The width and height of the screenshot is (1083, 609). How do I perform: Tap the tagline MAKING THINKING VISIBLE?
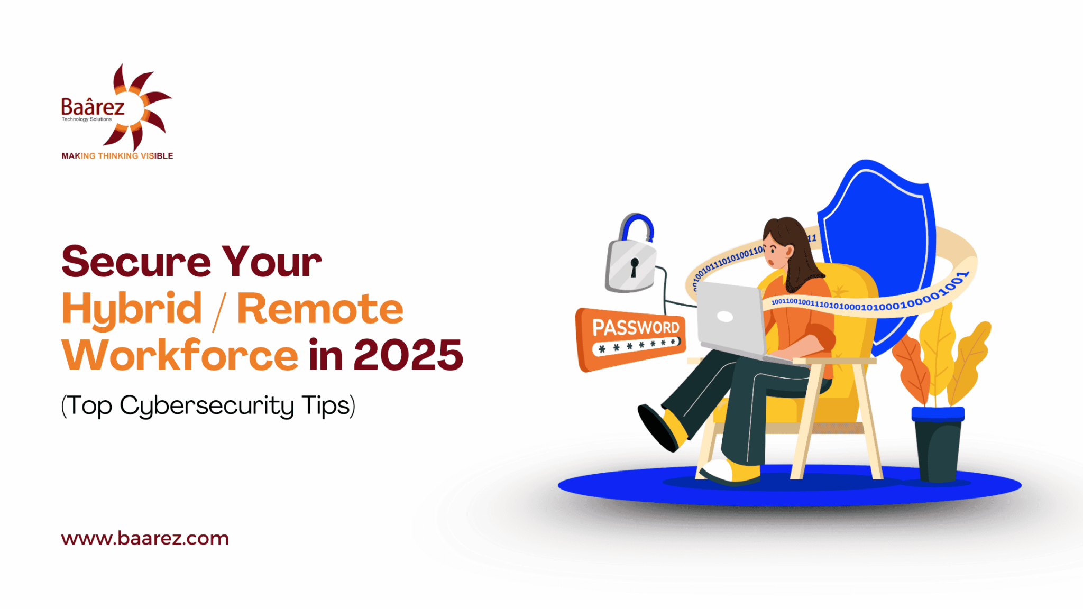click(x=117, y=156)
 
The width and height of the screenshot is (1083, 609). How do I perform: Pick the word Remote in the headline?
click(x=320, y=309)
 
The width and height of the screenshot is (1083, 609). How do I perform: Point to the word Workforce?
click(x=180, y=354)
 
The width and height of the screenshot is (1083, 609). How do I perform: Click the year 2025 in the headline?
click(x=408, y=355)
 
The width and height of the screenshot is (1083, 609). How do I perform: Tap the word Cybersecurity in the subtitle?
click(x=207, y=407)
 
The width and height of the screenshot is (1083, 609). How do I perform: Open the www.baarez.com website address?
click(x=145, y=539)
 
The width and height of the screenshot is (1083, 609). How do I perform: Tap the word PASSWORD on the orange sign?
click(x=636, y=328)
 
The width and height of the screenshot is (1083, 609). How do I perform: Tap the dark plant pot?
click(x=938, y=444)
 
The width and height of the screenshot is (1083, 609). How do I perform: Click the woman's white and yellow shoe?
click(x=730, y=472)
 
